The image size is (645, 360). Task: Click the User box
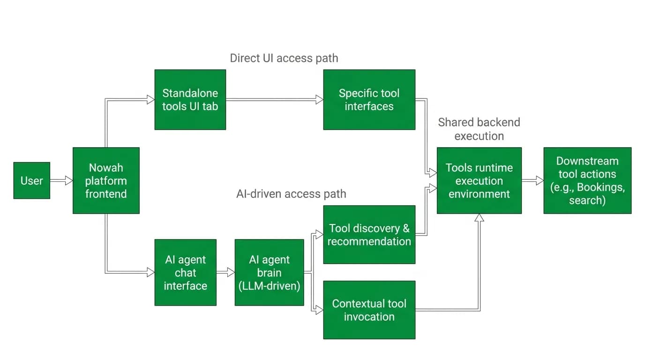coord(32,180)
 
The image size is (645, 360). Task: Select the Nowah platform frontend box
coord(106,180)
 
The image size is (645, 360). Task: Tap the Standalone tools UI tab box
coord(190,100)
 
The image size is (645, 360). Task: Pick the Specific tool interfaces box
coord(369,100)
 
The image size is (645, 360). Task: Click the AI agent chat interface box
coord(186,272)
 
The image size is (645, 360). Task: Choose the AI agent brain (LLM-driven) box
coord(269,272)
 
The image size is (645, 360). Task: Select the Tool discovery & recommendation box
coord(369,235)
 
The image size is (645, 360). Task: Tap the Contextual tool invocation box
coord(369,310)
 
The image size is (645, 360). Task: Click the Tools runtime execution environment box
coord(479,180)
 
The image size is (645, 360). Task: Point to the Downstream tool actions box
coord(587,180)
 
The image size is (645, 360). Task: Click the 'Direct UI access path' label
coord(284,58)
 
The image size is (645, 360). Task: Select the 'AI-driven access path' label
coord(291,194)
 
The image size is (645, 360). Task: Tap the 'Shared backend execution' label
coord(479,129)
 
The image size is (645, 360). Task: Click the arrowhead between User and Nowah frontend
coord(69,180)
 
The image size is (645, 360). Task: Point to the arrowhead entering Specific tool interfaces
coord(320,100)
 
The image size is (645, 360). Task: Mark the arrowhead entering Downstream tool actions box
coord(540,180)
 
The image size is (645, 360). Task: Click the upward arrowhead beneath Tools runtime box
coord(479,217)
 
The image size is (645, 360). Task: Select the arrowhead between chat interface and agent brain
coord(231,272)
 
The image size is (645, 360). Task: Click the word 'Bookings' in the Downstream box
coord(600,187)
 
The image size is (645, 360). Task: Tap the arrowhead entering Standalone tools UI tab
coord(151,100)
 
